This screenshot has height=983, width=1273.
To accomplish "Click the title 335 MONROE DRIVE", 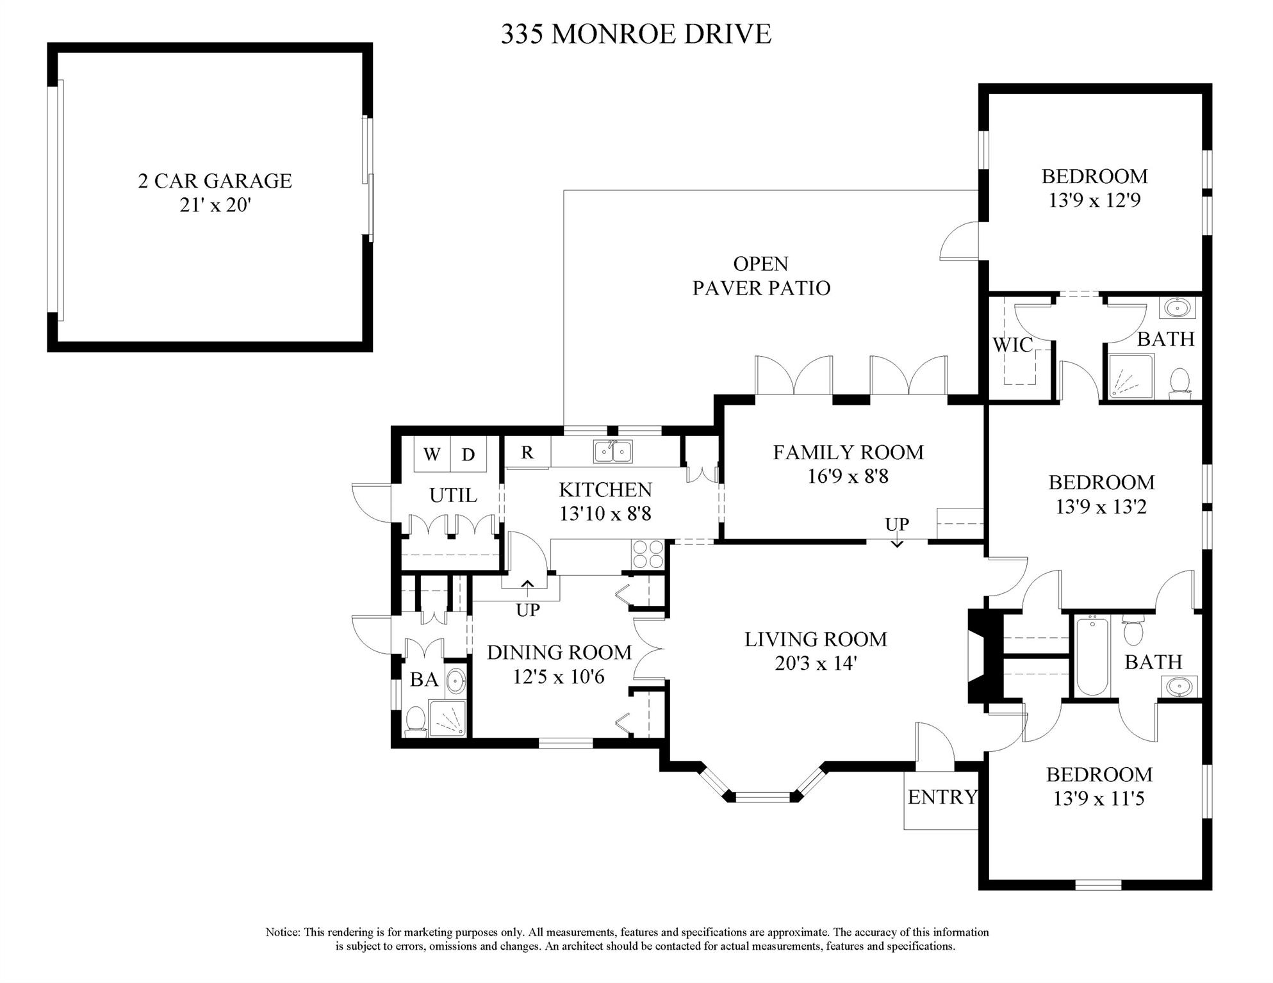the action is click(636, 34).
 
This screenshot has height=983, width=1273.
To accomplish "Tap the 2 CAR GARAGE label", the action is click(215, 181).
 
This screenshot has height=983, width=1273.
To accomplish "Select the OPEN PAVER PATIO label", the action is click(761, 275).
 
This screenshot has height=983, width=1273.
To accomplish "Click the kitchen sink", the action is click(612, 451).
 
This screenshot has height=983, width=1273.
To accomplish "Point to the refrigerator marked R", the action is click(527, 452).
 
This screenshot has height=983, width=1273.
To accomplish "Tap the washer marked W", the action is click(432, 454).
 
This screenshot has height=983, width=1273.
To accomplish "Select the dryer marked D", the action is click(468, 454).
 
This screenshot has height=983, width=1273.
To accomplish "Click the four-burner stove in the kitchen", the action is click(648, 554).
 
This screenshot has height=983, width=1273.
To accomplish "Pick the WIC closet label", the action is click(1012, 345).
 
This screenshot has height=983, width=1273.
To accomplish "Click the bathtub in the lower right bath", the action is click(1092, 656).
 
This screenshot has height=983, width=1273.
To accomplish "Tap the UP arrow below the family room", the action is click(897, 542).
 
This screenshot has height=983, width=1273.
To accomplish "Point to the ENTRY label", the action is click(942, 797).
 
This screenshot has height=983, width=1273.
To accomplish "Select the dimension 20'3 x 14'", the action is click(816, 663).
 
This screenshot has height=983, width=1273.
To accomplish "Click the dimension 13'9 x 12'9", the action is click(1094, 200).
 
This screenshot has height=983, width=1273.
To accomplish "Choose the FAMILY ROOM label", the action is click(848, 452).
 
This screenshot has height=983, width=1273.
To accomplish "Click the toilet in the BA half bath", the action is click(416, 721).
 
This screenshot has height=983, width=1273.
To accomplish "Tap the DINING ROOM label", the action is click(559, 652).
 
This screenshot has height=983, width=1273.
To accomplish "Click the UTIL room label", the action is click(453, 495).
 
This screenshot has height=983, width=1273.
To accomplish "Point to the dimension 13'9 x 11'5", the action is click(1099, 799).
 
